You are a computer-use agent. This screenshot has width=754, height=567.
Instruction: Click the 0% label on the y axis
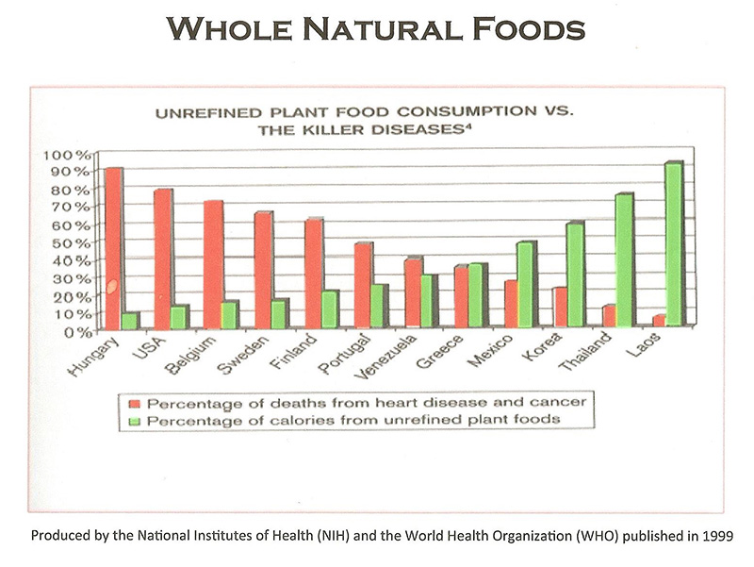(x=76, y=331)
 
